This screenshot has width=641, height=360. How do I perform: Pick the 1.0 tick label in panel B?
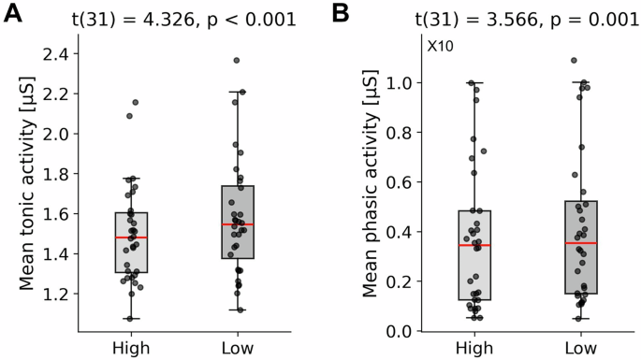[401, 82]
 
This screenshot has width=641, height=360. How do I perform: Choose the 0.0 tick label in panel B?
[401, 331]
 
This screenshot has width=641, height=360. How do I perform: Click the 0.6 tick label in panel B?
[401, 182]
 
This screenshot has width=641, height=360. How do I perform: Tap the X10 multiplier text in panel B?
[441, 46]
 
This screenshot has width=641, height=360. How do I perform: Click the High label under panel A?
[132, 349]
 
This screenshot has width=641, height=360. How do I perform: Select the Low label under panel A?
[239, 349]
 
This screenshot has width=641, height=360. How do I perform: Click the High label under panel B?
[477, 349]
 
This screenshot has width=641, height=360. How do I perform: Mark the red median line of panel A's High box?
[132, 238]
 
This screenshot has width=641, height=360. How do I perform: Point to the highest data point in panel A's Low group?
[237, 61]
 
